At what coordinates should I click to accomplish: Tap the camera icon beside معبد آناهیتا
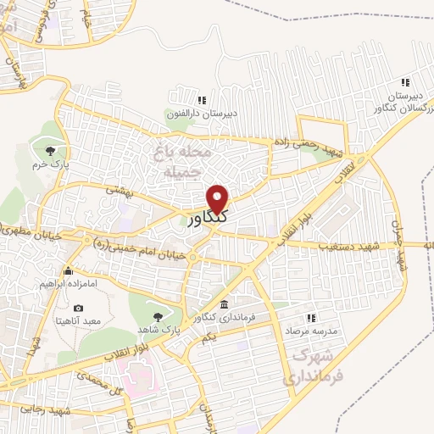(x=79, y=308)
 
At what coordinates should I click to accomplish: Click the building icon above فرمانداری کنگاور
(x=223, y=304)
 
